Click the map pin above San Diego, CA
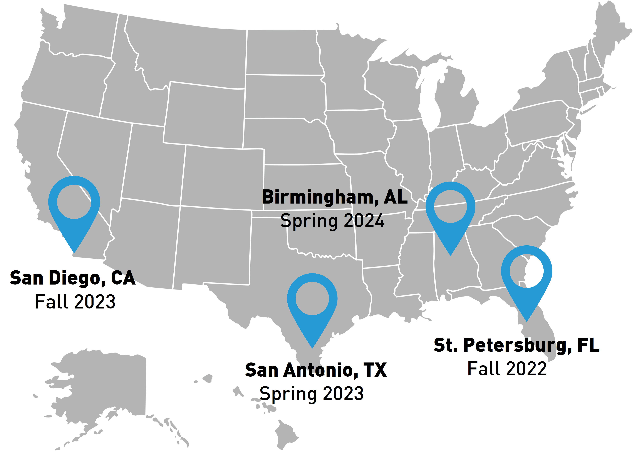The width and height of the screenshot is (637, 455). tap(74, 207)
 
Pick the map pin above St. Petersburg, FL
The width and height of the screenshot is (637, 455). tap(526, 277)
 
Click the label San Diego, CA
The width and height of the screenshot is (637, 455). tap(73, 278)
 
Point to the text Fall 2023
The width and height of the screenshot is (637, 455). tap(75, 302)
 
